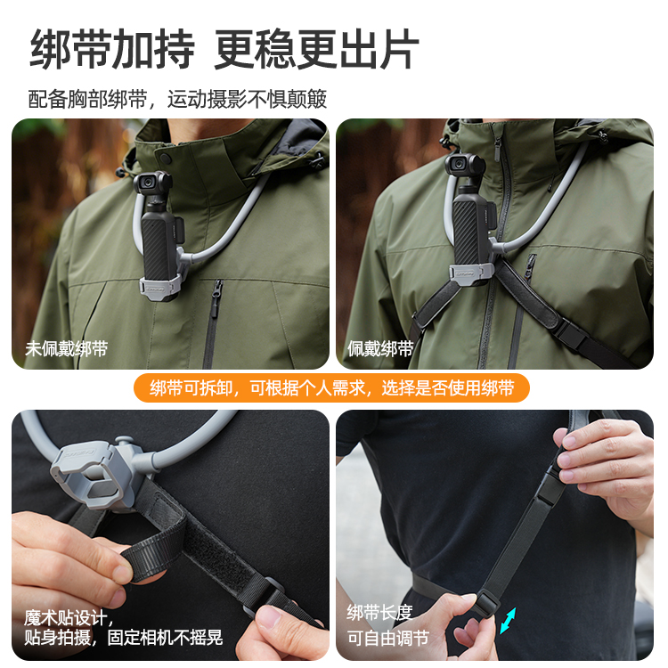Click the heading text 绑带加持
click(112, 49)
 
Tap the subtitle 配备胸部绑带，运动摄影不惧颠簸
click(177, 99)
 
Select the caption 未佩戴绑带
click(66, 349)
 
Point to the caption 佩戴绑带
click(380, 349)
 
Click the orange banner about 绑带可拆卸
click(332, 388)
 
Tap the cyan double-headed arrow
click(508, 620)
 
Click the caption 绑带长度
click(379, 613)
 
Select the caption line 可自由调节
click(387, 639)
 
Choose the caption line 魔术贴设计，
click(69, 617)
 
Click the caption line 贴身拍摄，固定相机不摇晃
click(124, 638)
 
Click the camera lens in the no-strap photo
click(148, 183)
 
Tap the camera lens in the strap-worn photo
click(459, 164)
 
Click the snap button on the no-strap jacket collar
click(165, 159)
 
